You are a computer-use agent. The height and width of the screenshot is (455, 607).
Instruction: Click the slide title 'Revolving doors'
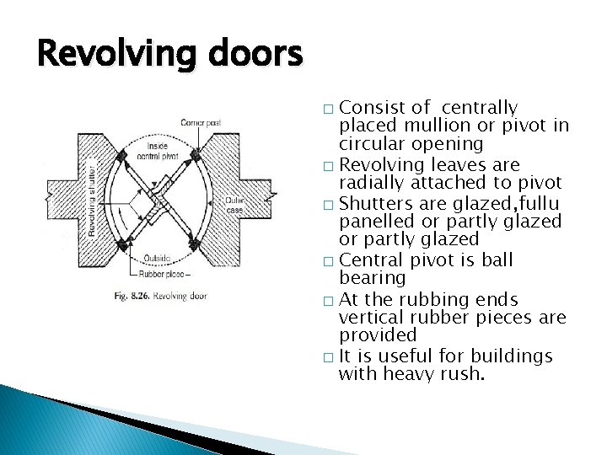pos(169,56)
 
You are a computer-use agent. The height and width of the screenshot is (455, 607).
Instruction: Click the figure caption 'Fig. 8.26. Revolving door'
pos(159,296)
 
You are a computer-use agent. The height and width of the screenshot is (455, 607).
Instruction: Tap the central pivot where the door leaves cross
pos(163,200)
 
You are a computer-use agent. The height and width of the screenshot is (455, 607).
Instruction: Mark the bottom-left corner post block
pos(123,244)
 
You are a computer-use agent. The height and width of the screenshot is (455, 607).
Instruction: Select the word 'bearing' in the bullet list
pos(372,277)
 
